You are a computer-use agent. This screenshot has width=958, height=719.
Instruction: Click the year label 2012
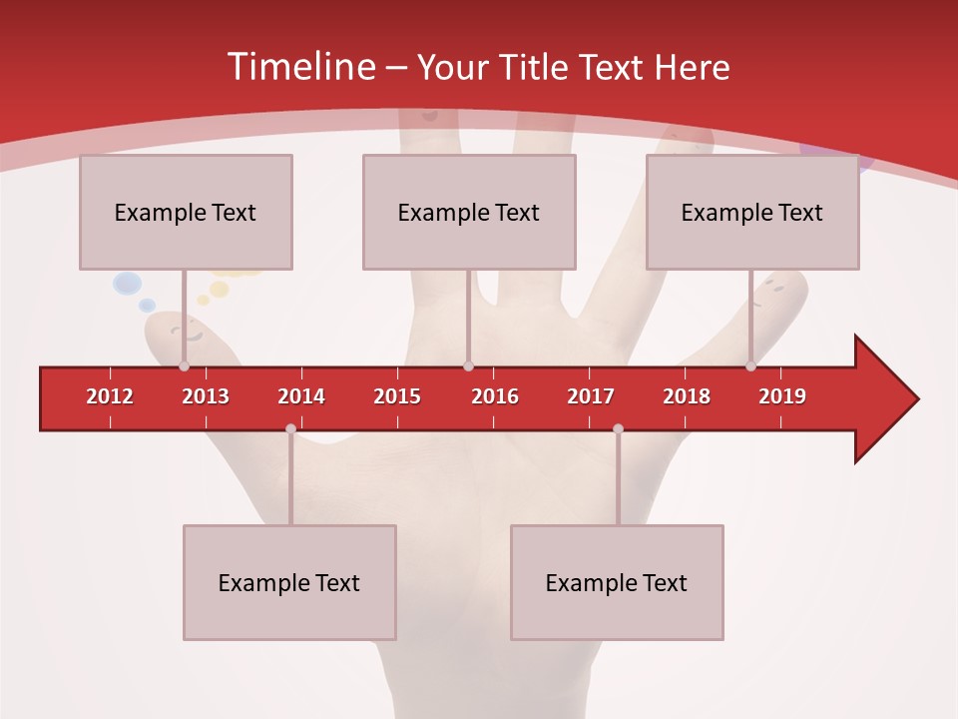point(110,396)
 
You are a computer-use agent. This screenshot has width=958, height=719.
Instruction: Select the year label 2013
point(206,396)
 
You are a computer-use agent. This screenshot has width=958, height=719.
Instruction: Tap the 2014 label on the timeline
point(301,396)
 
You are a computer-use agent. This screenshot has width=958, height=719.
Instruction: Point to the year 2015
point(397,396)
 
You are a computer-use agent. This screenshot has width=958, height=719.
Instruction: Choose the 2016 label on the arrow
point(495,396)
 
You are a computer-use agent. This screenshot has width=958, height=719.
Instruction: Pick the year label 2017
point(591,396)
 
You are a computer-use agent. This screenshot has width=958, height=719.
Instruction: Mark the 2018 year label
point(687,396)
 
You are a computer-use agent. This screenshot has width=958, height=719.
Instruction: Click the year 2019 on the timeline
point(782,396)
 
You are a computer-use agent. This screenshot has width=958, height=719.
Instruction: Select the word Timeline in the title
point(299,67)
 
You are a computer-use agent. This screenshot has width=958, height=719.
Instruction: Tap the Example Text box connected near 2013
point(186,213)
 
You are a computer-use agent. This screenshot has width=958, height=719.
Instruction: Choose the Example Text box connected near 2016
point(469,213)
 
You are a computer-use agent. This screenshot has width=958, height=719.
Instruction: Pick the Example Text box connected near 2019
point(752,213)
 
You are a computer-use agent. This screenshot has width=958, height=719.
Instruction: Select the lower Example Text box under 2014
point(289,583)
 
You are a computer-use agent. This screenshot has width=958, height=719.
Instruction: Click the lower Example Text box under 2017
point(617,583)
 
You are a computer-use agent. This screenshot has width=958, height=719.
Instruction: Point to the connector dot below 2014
point(290,428)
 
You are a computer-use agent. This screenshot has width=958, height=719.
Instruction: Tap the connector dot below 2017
point(618,428)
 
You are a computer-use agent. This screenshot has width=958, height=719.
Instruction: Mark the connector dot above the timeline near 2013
point(184,366)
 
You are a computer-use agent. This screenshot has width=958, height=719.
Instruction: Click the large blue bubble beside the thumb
point(127,285)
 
